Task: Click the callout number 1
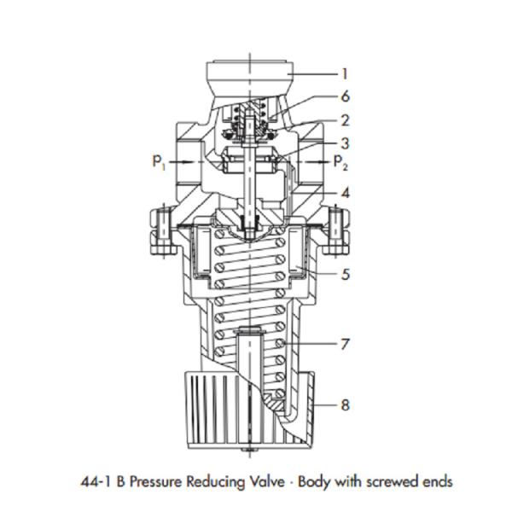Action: [345, 74]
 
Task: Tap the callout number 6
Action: [345, 97]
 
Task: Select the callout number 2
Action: [345, 121]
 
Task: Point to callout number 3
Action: [345, 143]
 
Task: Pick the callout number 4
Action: [345, 194]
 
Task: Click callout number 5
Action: [345, 275]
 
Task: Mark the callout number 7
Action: [345, 345]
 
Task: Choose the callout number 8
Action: [345, 404]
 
